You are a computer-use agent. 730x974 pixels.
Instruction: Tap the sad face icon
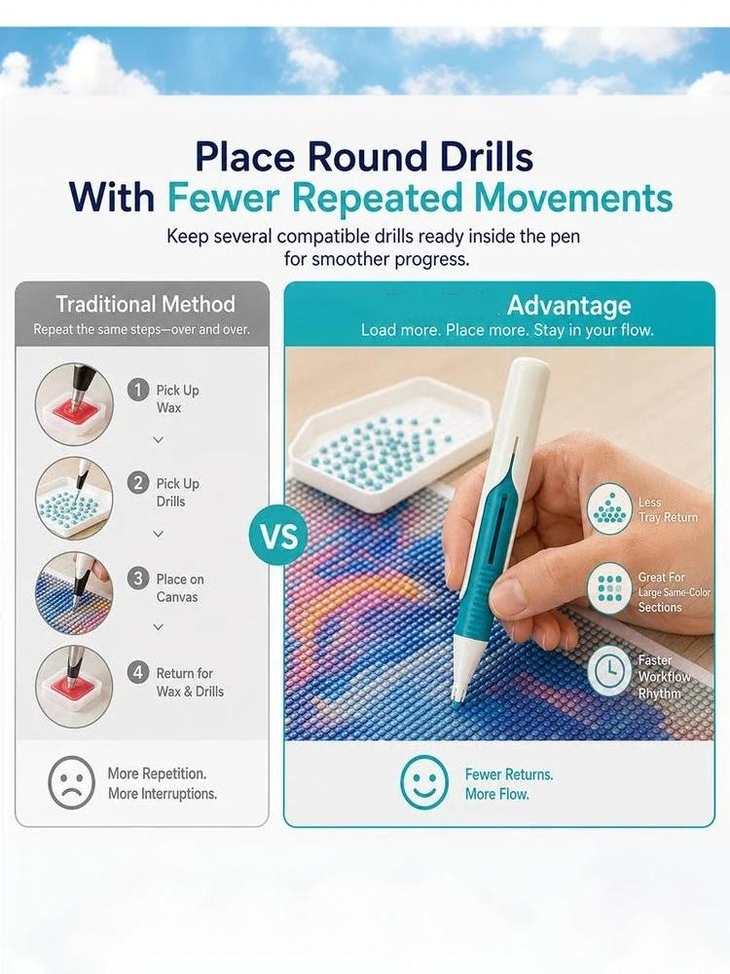[x=71, y=782]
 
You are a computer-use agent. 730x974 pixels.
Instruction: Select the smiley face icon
[x=424, y=782]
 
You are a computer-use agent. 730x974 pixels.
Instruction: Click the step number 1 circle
[x=138, y=391]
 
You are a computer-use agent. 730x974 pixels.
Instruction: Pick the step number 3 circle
[x=138, y=579]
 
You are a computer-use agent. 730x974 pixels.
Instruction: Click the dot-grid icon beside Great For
[x=609, y=587]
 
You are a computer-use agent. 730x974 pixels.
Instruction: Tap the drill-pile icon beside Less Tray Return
[x=609, y=508]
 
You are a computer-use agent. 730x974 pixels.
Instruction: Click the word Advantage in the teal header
[x=568, y=305]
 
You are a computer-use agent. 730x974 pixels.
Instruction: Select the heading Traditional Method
[x=145, y=304]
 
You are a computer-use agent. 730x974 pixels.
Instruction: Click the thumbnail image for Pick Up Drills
[x=75, y=498]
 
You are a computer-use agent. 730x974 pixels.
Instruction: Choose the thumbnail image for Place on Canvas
[x=75, y=592]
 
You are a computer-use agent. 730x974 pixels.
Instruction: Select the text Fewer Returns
[x=509, y=774]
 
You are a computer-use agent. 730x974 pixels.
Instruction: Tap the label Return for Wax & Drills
[x=190, y=682]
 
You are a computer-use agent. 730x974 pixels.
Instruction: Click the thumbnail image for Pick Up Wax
[x=75, y=404]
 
